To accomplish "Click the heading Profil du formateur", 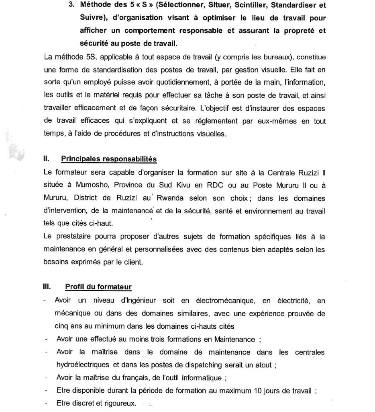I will (98, 287).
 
